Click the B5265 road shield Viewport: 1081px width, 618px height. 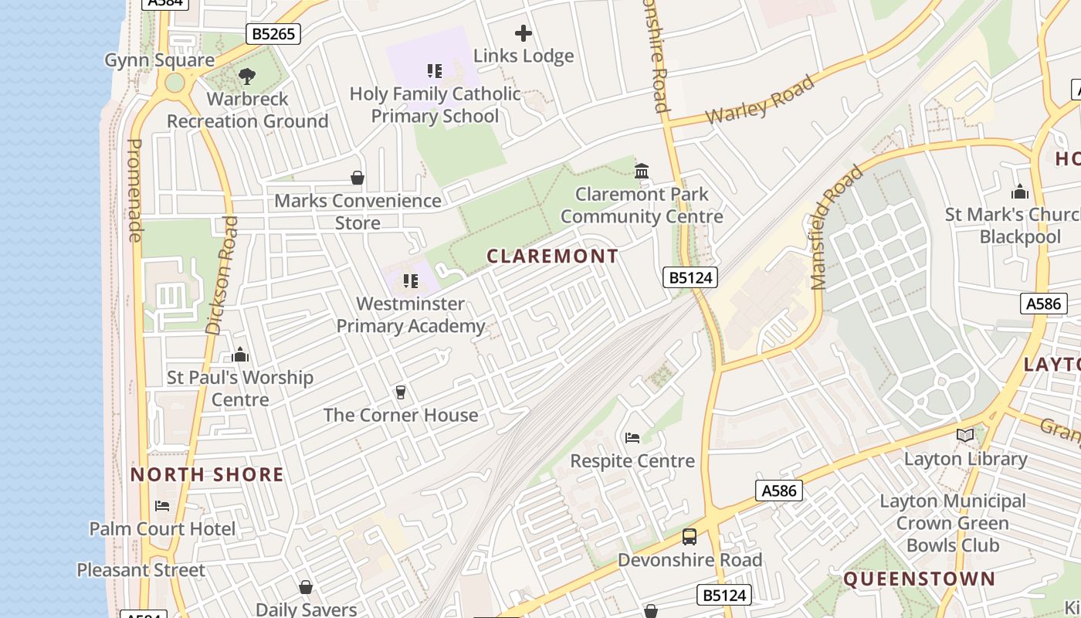pyautogui.click(x=273, y=34)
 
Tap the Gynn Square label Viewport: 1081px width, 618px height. pyautogui.click(x=159, y=60)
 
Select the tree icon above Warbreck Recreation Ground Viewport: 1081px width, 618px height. pyautogui.click(x=247, y=76)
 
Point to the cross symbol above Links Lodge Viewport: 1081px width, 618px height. pyautogui.click(x=524, y=33)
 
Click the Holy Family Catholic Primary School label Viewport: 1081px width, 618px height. pyautogui.click(x=435, y=105)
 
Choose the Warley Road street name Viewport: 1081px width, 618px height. pyautogui.click(x=761, y=100)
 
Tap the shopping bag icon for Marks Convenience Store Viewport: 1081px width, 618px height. pyautogui.click(x=358, y=178)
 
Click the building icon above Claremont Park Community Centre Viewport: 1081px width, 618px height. pyautogui.click(x=642, y=171)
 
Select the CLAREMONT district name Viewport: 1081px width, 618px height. pyautogui.click(x=553, y=256)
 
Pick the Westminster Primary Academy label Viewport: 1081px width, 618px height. pyautogui.click(x=411, y=315)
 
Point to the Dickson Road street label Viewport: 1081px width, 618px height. pyautogui.click(x=222, y=275)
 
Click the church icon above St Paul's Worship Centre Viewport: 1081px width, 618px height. pyautogui.click(x=240, y=355)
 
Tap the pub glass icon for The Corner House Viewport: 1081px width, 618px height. pyautogui.click(x=400, y=392)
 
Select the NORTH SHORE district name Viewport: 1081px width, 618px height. pyautogui.click(x=207, y=474)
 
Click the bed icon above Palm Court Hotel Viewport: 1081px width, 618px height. pyautogui.click(x=162, y=506)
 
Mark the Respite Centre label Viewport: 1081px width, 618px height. pyautogui.click(x=632, y=461)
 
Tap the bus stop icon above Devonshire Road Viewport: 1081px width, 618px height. pyautogui.click(x=690, y=536)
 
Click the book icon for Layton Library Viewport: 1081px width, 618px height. pyautogui.click(x=965, y=436)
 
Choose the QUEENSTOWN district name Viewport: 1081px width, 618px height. pyautogui.click(x=919, y=579)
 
